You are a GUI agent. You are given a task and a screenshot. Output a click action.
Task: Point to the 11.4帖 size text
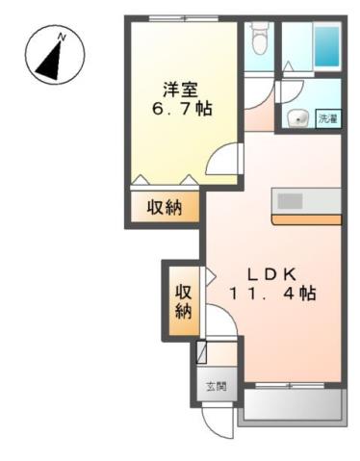coord(272,294)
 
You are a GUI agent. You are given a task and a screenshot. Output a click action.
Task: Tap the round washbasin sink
coord(298,119)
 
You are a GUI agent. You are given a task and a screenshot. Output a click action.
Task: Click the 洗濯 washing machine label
coord(327,119)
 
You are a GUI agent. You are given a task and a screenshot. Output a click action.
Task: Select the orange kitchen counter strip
coord(305,219)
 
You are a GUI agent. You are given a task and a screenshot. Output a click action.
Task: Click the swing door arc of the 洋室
coord(222,160)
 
